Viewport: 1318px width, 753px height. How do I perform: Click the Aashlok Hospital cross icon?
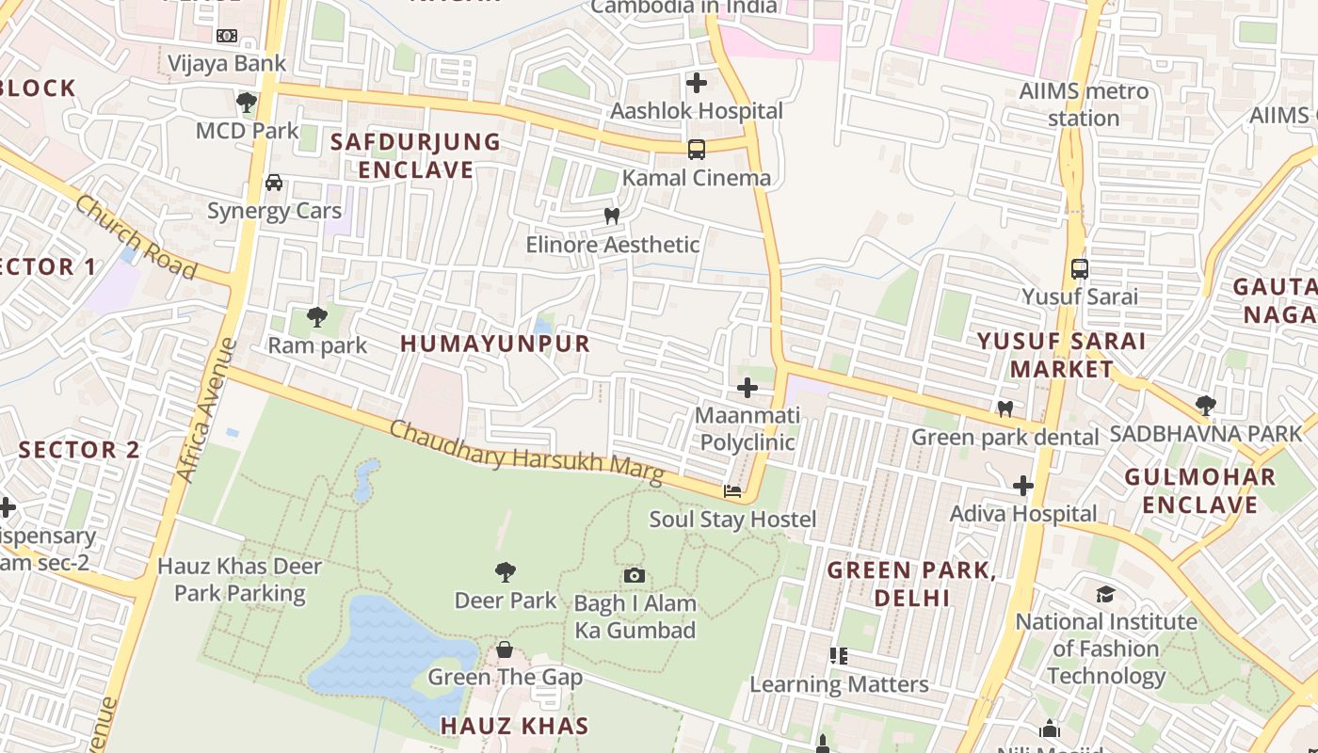[x=697, y=83]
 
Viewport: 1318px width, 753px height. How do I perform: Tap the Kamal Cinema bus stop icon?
[x=696, y=149]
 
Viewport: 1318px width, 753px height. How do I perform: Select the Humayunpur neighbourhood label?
[x=495, y=344]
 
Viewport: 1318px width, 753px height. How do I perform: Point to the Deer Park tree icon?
[x=506, y=571]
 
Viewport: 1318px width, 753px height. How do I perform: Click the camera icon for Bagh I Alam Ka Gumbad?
[x=635, y=574]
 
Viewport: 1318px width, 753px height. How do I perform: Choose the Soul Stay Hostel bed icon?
[x=731, y=490]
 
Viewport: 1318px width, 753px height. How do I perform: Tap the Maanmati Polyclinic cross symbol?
[x=747, y=387]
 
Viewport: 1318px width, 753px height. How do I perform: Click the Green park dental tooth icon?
[x=1005, y=409]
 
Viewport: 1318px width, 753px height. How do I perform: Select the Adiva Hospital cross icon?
[x=1023, y=486]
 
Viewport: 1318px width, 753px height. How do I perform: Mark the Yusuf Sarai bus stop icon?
[x=1080, y=268]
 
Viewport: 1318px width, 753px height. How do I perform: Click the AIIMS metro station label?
[x=1084, y=104]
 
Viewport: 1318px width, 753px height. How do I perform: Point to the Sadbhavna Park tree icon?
[x=1205, y=406]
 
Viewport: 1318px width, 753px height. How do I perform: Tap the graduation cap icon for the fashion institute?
[x=1105, y=594]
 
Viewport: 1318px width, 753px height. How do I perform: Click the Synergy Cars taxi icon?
[x=274, y=183]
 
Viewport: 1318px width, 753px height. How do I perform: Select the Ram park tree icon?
[x=317, y=317]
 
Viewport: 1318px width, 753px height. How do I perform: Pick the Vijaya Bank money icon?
[x=227, y=36]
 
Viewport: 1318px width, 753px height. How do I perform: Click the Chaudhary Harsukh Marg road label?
[x=526, y=452]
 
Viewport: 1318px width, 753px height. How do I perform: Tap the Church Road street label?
[x=137, y=237]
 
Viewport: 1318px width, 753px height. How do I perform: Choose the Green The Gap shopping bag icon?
[x=505, y=649]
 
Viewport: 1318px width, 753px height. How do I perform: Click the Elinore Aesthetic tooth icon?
[x=612, y=216]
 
